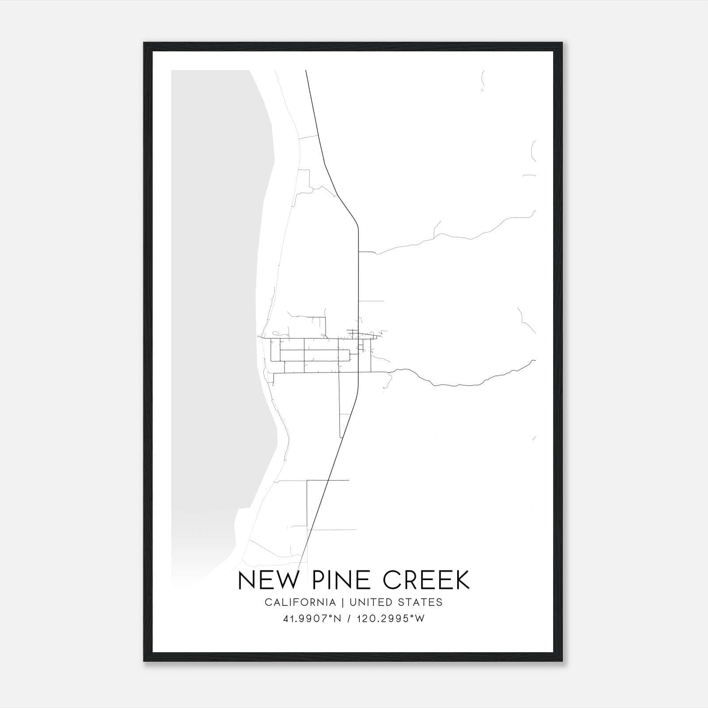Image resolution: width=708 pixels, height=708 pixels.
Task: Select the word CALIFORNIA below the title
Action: pyautogui.click(x=300, y=602)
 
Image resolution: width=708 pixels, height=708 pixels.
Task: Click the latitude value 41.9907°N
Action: pyautogui.click(x=312, y=619)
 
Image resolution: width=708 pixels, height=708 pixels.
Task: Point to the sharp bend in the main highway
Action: pyautogui.click(x=356, y=223)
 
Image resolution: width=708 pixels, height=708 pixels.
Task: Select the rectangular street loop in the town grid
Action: pyautogui.click(x=315, y=355)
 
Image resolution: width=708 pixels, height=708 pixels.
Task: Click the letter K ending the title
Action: pyautogui.click(x=462, y=580)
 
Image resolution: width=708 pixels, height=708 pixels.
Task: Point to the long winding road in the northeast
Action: pyautogui.click(x=456, y=237)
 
